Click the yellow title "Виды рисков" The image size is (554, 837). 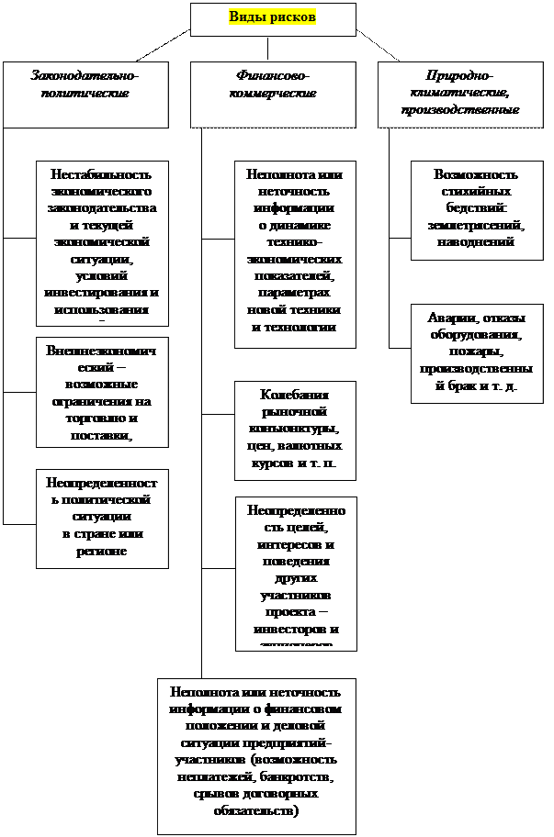272,17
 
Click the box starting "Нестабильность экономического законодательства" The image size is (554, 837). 101,242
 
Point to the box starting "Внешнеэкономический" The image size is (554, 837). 101,393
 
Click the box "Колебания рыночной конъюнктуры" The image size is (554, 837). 294,430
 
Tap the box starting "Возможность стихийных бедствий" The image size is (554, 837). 476,208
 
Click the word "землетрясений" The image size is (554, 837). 476,225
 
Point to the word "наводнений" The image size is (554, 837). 476,242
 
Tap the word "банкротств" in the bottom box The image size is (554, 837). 290,777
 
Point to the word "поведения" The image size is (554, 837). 295,562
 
